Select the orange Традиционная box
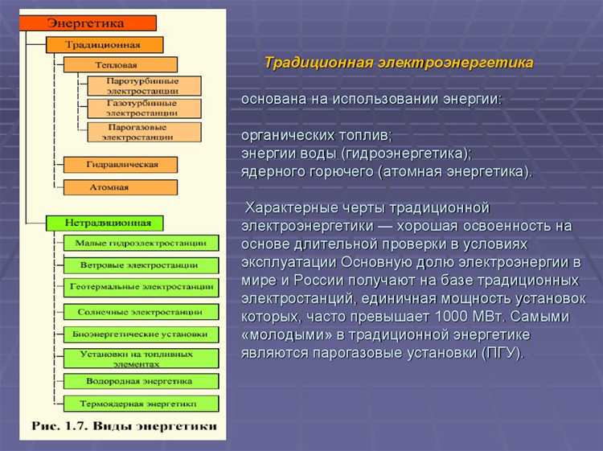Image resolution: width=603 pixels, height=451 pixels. [x=104, y=44]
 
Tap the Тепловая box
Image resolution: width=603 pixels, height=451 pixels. [x=120, y=64]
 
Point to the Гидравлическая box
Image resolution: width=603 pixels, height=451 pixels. [x=121, y=165]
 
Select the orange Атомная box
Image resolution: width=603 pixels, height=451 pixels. [x=121, y=187]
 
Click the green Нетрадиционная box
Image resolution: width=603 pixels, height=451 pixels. [x=104, y=222]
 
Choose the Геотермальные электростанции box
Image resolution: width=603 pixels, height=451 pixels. [x=140, y=287]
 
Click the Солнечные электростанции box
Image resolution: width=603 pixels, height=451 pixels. [x=140, y=310]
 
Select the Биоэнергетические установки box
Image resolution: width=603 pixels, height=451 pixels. [x=140, y=333]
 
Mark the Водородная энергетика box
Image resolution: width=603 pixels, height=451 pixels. [x=140, y=380]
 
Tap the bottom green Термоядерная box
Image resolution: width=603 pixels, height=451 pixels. [x=140, y=403]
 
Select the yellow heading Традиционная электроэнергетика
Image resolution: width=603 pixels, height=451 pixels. [x=399, y=62]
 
